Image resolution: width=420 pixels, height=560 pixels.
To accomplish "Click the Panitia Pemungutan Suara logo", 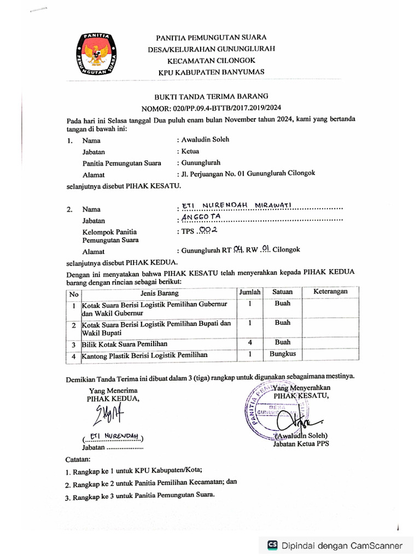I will coord(96,54).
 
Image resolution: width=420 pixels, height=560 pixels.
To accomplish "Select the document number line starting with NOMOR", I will coord(211,108).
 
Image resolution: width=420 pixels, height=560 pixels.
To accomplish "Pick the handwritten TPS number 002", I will coord(208,231).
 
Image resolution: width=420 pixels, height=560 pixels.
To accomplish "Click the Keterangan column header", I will coord(330,292).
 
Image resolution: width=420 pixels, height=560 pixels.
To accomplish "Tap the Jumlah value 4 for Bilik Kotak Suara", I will coord(249,343).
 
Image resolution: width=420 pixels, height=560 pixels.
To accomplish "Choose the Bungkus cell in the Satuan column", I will coord(282,354).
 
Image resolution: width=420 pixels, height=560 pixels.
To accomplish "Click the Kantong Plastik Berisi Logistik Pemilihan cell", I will coord(145,356).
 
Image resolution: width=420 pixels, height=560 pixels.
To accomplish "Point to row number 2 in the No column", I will coord(73,326).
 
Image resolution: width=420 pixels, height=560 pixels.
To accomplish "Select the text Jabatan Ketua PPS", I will coord(301,445).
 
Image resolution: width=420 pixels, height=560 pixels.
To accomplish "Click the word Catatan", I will coord(79,458).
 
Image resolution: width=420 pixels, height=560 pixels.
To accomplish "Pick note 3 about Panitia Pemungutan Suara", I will coord(140,497).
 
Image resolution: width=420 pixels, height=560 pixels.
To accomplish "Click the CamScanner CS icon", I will coord(272,545).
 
